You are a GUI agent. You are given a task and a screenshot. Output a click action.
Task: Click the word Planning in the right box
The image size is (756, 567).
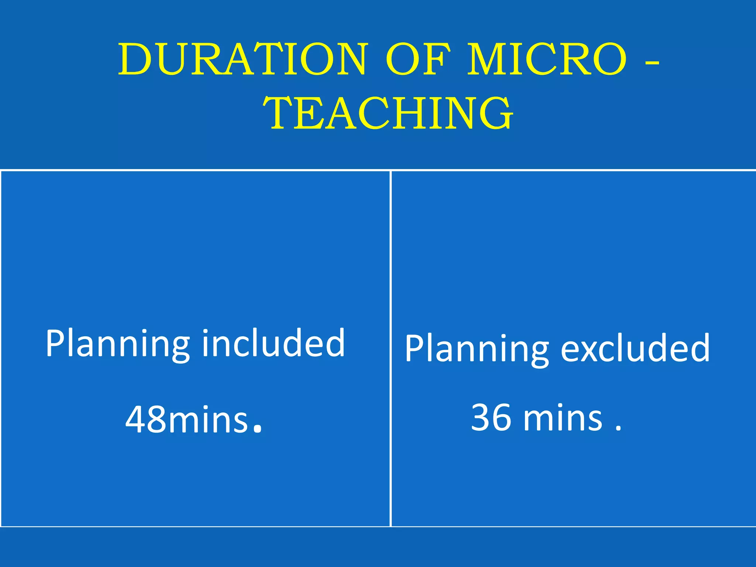(477, 349)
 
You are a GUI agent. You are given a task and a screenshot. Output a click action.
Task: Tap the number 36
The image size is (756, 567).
(491, 417)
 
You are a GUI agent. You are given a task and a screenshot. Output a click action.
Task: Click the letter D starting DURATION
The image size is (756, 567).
(134, 59)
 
